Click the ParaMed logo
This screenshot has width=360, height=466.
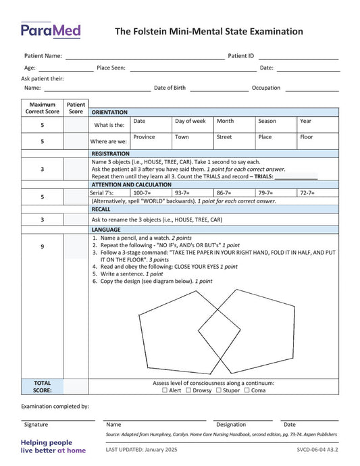(x=51, y=30)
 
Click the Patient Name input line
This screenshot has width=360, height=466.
(x=145, y=57)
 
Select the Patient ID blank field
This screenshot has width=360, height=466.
(x=299, y=57)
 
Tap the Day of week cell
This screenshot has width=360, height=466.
(x=192, y=125)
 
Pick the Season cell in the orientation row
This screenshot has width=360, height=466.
(x=276, y=125)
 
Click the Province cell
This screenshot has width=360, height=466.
(x=151, y=141)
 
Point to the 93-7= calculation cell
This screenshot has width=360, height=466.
(x=192, y=193)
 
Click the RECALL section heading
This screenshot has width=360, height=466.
(x=101, y=209)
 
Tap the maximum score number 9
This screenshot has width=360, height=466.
(x=42, y=247)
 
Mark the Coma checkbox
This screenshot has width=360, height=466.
(x=247, y=390)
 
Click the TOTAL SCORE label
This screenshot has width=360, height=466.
(x=42, y=386)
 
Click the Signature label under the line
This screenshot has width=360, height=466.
(x=36, y=425)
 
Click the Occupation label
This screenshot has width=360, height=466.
(x=266, y=88)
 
